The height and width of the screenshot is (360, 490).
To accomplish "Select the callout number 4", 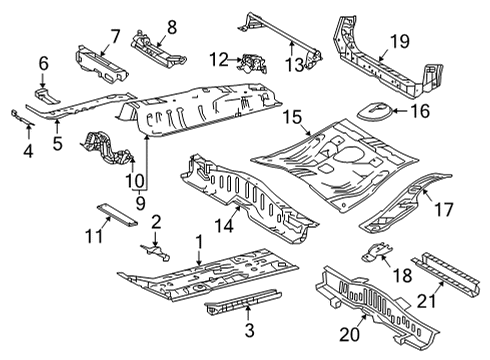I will [x=27, y=151].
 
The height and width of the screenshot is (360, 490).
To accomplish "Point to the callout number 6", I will [x=44, y=63].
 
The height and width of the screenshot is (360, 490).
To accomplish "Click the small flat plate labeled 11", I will [x=107, y=209].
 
